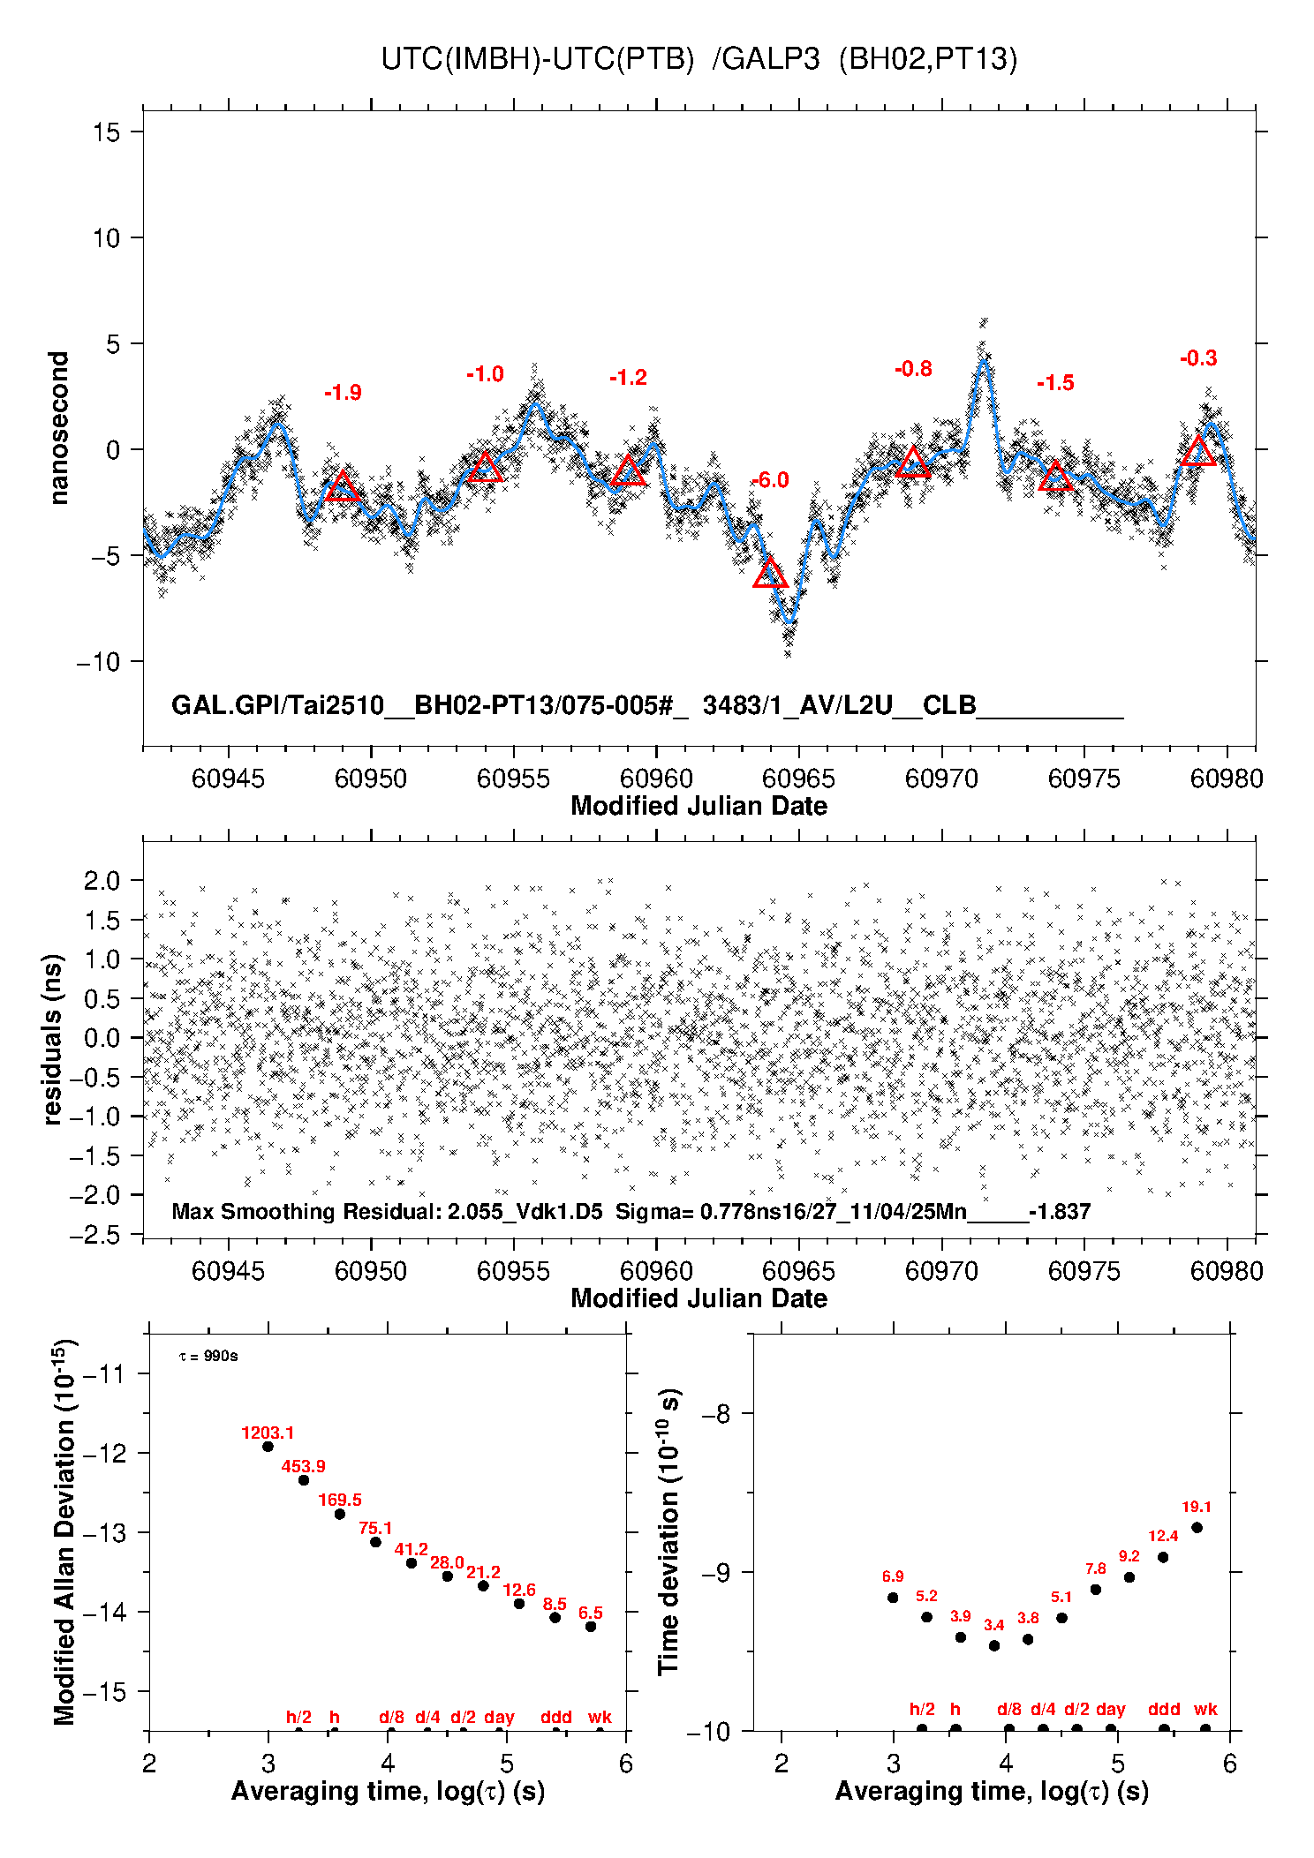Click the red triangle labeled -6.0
tap(770, 574)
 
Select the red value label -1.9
tap(343, 393)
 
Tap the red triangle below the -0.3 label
tap(1198, 452)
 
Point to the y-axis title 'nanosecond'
tap(58, 428)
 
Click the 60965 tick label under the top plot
tap(798, 779)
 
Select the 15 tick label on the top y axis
tap(106, 132)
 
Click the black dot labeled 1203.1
tap(268, 1447)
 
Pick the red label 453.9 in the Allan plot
tap(303, 1466)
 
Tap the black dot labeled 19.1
tap(1197, 1527)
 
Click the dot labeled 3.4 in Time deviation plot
tap(994, 1645)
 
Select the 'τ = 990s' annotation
tap(208, 1356)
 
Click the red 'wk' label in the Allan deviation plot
tap(600, 1717)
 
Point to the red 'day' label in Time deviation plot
tap(1110, 1709)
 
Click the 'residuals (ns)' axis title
tap(53, 1039)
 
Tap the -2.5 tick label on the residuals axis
tap(98, 1235)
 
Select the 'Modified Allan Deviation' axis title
tap(64, 1531)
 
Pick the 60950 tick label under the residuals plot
tap(371, 1271)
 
